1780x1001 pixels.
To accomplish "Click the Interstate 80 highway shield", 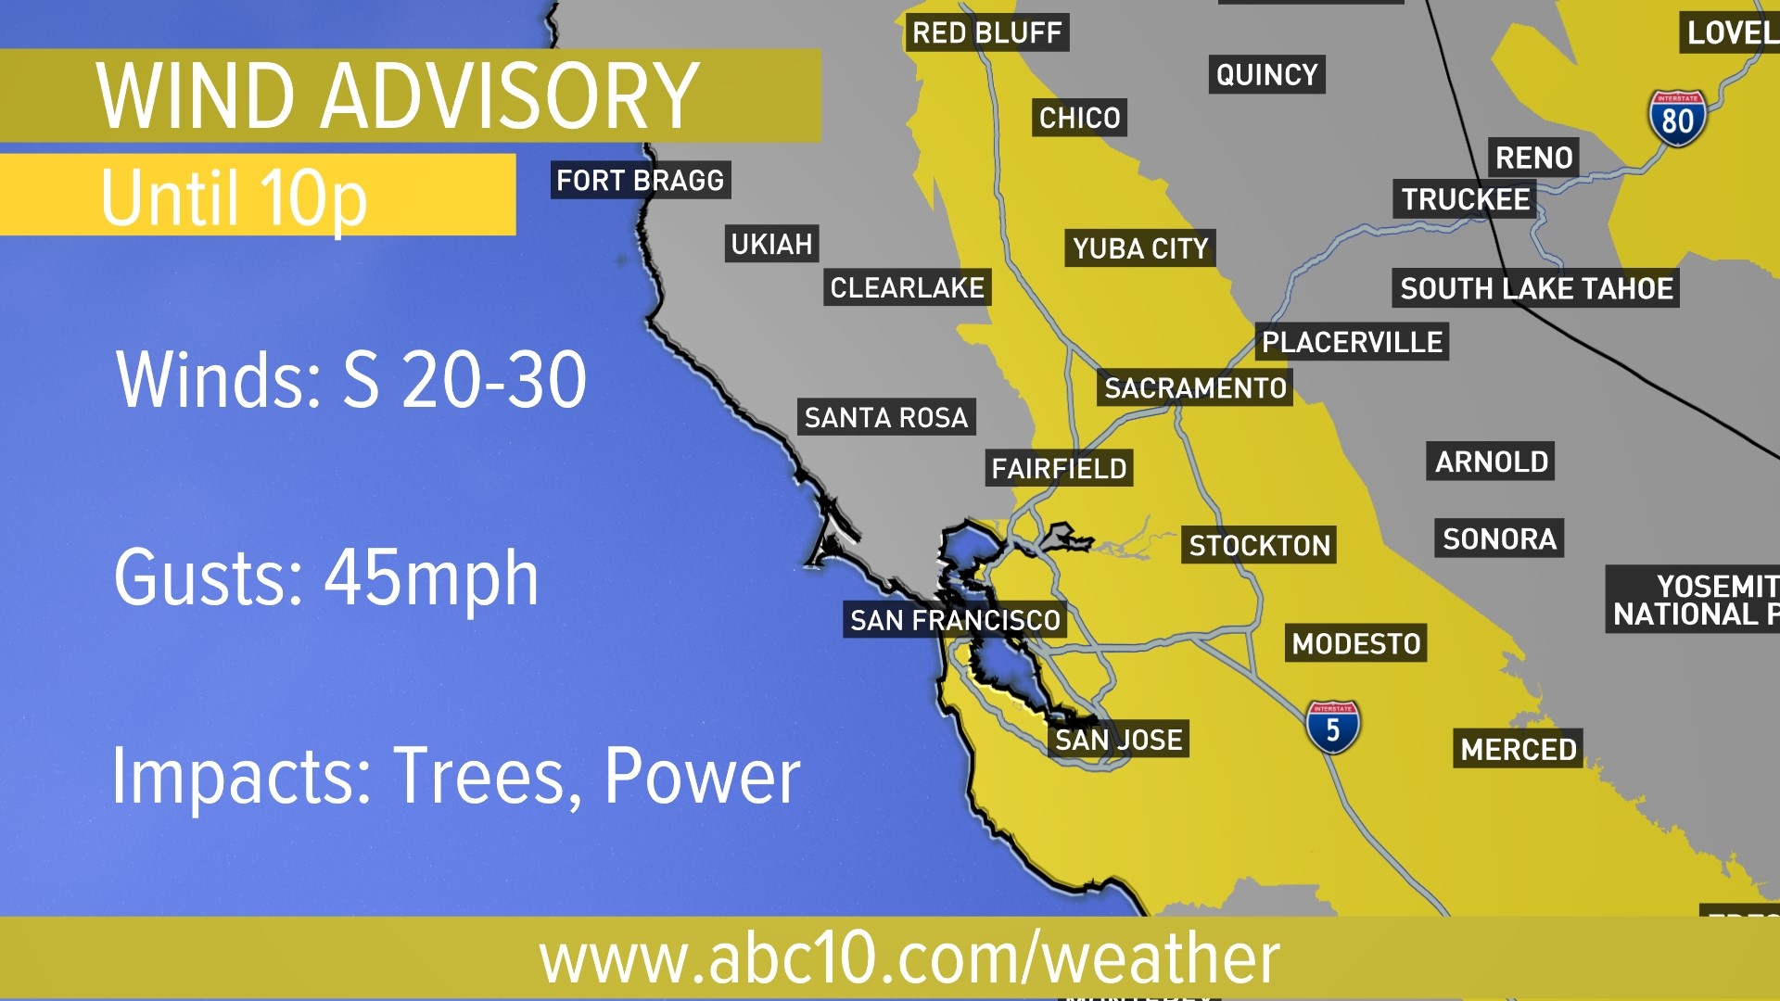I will pos(1677,119).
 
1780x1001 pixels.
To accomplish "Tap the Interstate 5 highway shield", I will pos(1332,728).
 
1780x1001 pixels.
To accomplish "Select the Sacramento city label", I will pos(1195,387).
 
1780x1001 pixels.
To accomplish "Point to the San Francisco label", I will pos(955,619).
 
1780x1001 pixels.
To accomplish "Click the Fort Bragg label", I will pos(640,180).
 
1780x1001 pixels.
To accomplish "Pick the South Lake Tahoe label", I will pos(1536,288).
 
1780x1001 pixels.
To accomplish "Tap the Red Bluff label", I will pos(986,32).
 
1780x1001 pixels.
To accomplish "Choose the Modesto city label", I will pos(1356,643).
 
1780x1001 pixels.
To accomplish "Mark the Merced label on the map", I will pos(1519,749).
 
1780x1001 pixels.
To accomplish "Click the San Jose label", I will pos(1119,740).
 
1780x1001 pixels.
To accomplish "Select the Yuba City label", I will pos(1140,248).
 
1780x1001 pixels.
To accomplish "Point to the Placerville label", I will pos(1352,342).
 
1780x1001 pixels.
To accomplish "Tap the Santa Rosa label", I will pos(886,418).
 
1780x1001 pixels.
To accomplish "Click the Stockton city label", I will pos(1259,545).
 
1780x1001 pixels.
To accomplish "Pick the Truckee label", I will pos(1465,199).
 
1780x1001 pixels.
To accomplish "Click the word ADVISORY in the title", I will pos(510,95).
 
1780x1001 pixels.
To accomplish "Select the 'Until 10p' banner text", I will pos(234,196).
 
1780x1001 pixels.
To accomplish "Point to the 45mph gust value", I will pos(431,577).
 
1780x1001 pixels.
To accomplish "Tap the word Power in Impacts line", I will pos(702,776).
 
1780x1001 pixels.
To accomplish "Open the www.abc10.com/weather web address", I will pos(909,958).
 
